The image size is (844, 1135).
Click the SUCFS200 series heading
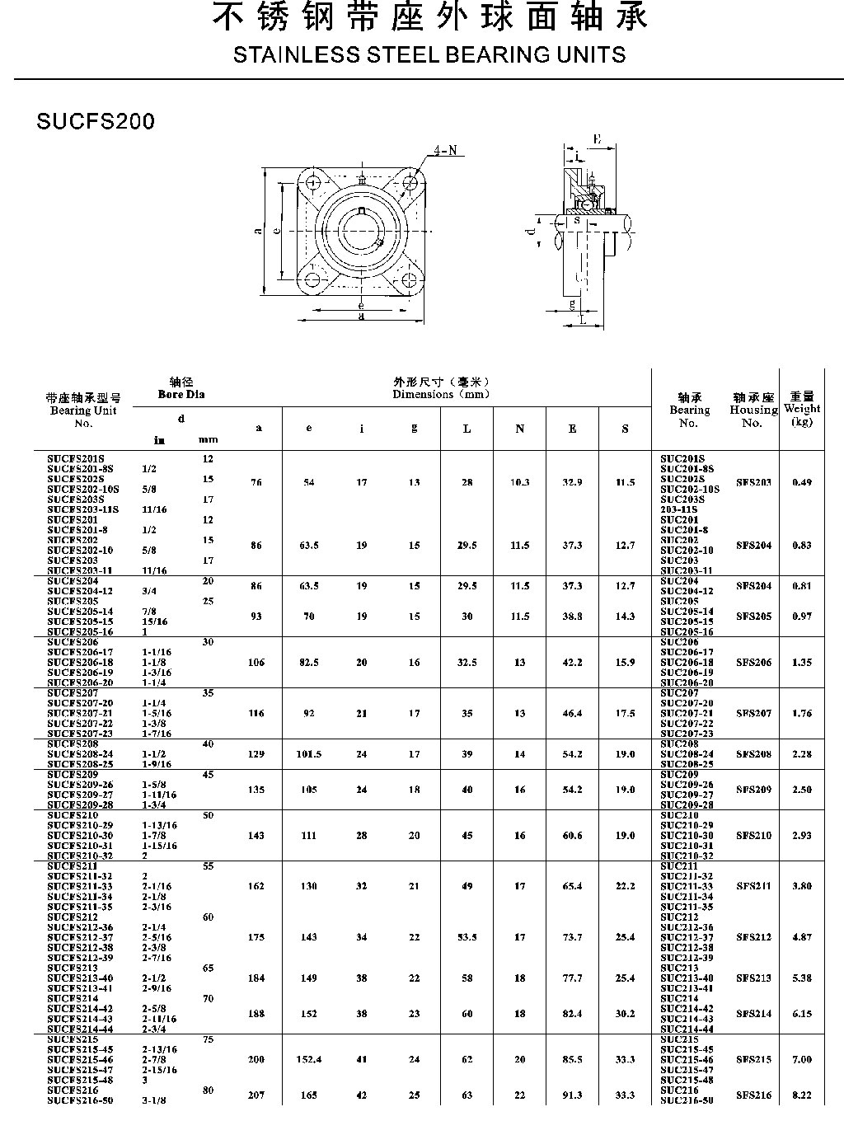pyautogui.click(x=96, y=121)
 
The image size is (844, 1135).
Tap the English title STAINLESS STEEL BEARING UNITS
pyautogui.click(x=429, y=55)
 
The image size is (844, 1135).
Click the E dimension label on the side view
pyautogui.click(x=597, y=139)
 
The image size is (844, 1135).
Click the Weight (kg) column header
pyautogui.click(x=801, y=409)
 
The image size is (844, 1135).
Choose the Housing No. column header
pyautogui.click(x=753, y=410)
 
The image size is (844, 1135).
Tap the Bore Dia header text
pyautogui.click(x=181, y=394)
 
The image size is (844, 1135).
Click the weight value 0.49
pyautogui.click(x=801, y=482)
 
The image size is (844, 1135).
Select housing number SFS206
pyautogui.click(x=753, y=663)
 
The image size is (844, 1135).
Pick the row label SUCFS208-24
pyautogui.click(x=80, y=754)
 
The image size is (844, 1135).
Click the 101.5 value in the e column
pyautogui.click(x=308, y=754)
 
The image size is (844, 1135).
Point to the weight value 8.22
pyautogui.click(x=801, y=1095)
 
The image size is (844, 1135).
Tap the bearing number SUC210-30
pyautogui.click(x=687, y=836)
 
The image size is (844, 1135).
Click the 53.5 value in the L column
pyautogui.click(x=467, y=937)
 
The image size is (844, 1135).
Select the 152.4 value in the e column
pyautogui.click(x=308, y=1060)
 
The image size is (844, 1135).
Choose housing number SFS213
pyautogui.click(x=753, y=978)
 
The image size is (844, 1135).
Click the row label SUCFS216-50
pyautogui.click(x=80, y=1100)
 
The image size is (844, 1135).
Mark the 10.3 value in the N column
pyautogui.click(x=519, y=482)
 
